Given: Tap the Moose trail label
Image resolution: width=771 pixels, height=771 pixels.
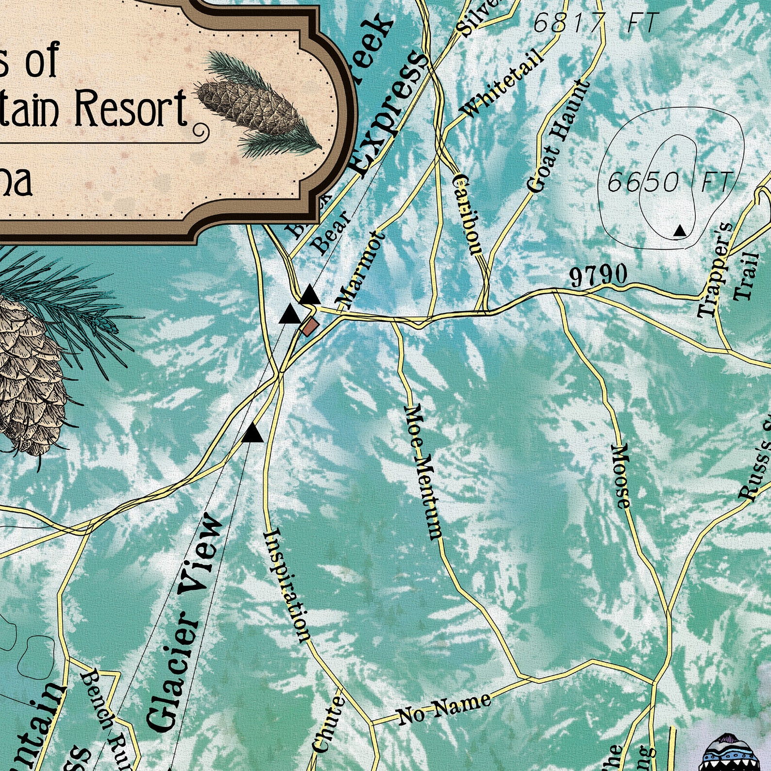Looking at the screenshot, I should pyautogui.click(x=620, y=475).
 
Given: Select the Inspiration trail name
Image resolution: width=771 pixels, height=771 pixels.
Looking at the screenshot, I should pyautogui.click(x=286, y=586).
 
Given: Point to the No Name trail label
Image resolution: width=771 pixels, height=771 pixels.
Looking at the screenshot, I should pyautogui.click(x=444, y=708).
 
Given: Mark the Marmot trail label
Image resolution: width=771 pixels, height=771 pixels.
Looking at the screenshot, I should pyautogui.click(x=360, y=270).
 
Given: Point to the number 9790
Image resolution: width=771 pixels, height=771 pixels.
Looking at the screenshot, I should pyautogui.click(x=598, y=276).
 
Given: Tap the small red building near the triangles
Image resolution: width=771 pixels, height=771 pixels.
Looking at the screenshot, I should pyautogui.click(x=309, y=326).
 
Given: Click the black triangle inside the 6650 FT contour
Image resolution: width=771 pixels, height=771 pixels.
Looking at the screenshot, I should pyautogui.click(x=680, y=231).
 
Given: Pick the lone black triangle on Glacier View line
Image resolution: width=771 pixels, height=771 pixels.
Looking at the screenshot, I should pyautogui.click(x=252, y=433).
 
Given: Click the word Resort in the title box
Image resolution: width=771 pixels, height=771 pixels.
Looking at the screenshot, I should pyautogui.click(x=131, y=108).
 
